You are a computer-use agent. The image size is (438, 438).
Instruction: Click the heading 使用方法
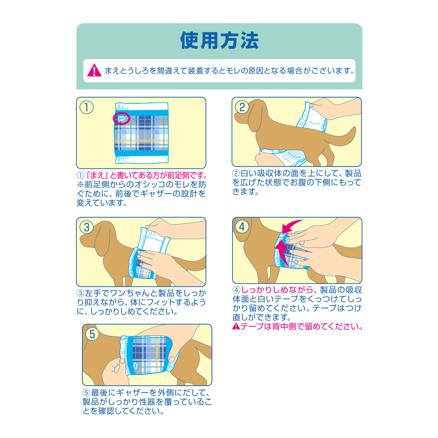pos(219,40)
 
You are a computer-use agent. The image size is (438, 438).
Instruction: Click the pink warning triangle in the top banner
pos(94,70)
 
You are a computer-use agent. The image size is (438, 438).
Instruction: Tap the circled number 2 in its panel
pos(242,107)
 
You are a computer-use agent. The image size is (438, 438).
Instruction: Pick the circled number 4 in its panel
pos(242,226)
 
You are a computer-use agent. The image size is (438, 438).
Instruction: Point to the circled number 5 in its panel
pos(92,334)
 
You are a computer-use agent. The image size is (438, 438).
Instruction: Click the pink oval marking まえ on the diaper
pos(122,118)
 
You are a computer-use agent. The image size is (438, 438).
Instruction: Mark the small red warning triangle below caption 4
pos(235,327)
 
